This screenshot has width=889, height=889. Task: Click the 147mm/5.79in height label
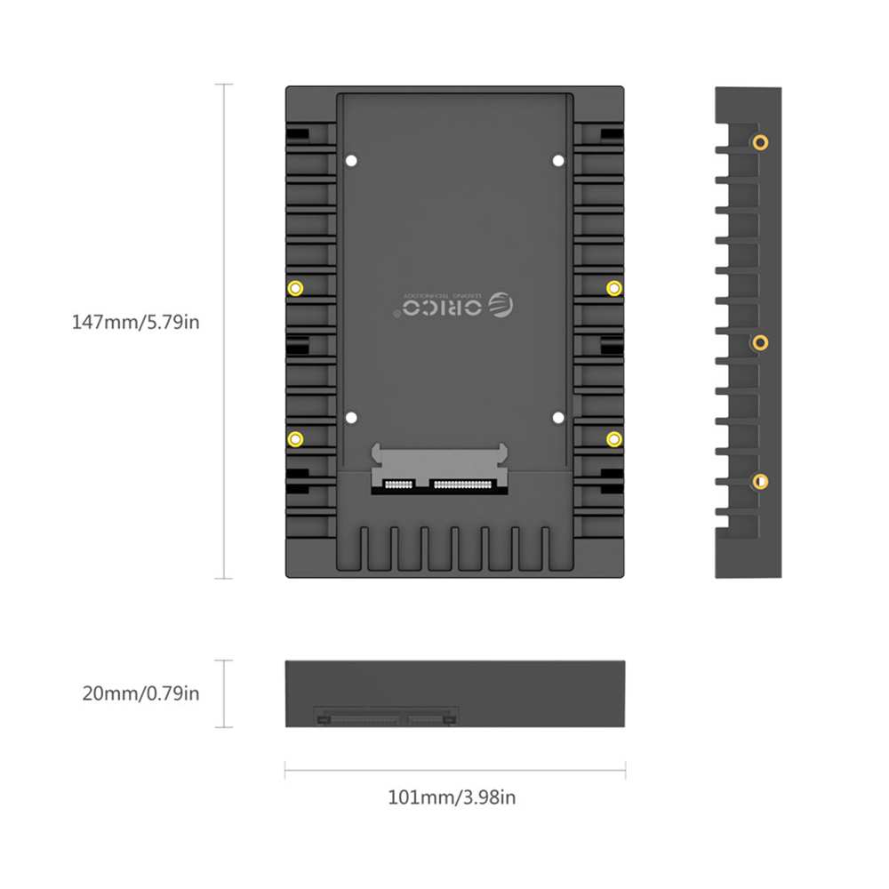pyautogui.click(x=135, y=321)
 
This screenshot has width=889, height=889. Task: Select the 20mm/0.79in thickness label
pyautogui.click(x=140, y=693)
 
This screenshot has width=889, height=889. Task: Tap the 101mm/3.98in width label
pyautogui.click(x=452, y=797)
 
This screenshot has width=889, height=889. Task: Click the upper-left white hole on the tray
pyautogui.click(x=351, y=161)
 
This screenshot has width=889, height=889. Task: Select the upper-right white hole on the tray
pyautogui.click(x=558, y=161)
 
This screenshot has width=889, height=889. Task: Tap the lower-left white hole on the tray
pyautogui.click(x=351, y=417)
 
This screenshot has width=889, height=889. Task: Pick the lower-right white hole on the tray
pyautogui.click(x=558, y=417)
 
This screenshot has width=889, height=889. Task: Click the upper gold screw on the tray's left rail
pyautogui.click(x=296, y=287)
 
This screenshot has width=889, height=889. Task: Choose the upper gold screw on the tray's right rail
pyautogui.click(x=613, y=287)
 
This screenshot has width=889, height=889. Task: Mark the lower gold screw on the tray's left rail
pyautogui.click(x=296, y=437)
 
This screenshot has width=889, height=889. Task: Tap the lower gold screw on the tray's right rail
pyautogui.click(x=613, y=437)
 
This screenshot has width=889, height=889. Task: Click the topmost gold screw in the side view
pyautogui.click(x=759, y=141)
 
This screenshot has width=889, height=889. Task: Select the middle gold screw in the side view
pyautogui.click(x=759, y=342)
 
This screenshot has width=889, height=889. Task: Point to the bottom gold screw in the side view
pyautogui.click(x=759, y=482)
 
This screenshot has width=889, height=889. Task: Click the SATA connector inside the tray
pyautogui.click(x=440, y=471)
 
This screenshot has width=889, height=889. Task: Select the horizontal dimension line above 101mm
pyautogui.click(x=454, y=770)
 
